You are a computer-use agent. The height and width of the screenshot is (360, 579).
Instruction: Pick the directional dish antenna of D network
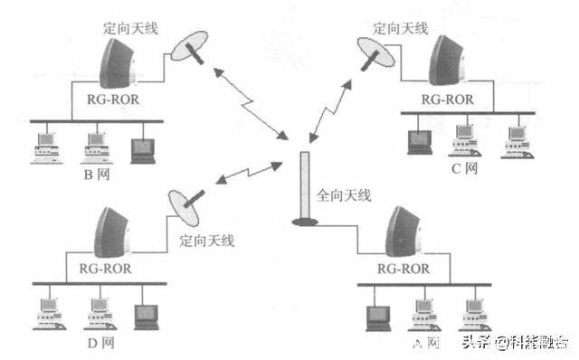coord(185,207)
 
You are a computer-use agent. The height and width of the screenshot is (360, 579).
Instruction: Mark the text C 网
coord(463,168)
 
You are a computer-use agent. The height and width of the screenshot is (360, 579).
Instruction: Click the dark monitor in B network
coord(142,148)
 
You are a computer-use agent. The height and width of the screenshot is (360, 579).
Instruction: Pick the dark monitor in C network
coord(418,138)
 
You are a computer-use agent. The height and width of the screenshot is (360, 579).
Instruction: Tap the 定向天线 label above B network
coord(131,28)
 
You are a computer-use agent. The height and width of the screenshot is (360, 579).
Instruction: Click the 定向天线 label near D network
coord(207,241)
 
